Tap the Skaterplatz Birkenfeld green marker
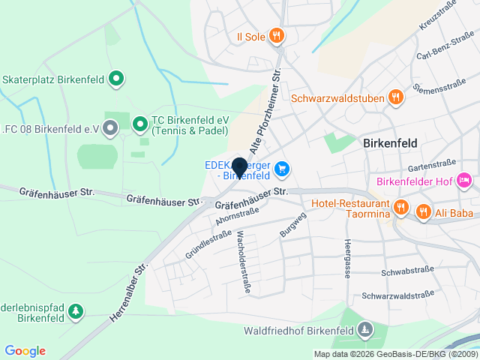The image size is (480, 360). click(116, 77)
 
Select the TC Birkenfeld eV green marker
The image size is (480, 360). click(139, 123)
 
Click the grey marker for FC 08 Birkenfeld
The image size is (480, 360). click(111, 128)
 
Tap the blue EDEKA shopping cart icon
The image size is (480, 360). click(282, 169)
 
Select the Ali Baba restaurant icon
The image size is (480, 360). click(424, 212)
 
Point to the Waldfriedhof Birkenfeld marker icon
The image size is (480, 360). click(364, 329)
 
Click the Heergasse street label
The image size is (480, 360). click(347, 259)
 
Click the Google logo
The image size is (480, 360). click(25, 351)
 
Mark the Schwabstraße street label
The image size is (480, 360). click(407, 271)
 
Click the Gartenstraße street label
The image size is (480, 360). click(433, 166)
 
